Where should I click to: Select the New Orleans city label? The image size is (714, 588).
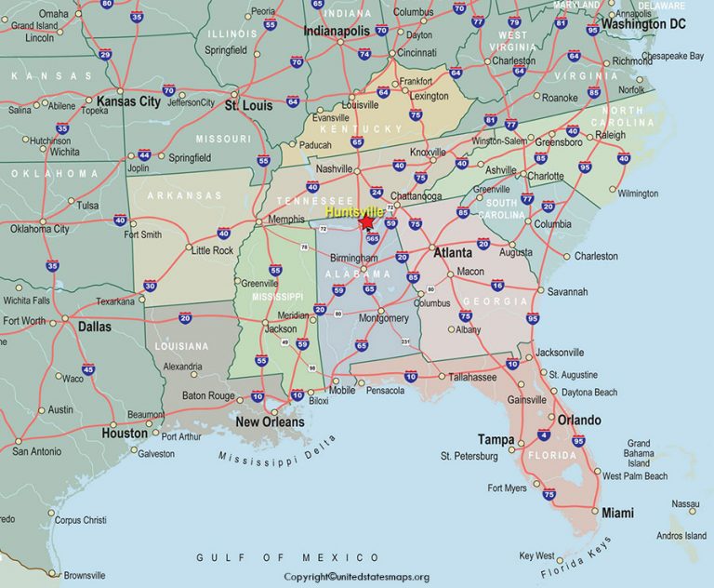270,421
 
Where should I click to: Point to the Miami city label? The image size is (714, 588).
617,513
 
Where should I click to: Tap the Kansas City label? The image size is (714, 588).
128,100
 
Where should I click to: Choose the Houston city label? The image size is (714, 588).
125,433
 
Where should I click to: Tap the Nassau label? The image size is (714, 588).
685,503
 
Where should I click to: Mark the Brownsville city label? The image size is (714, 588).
84,574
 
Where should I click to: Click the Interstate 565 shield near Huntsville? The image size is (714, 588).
372,239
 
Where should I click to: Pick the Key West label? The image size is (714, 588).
536,555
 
